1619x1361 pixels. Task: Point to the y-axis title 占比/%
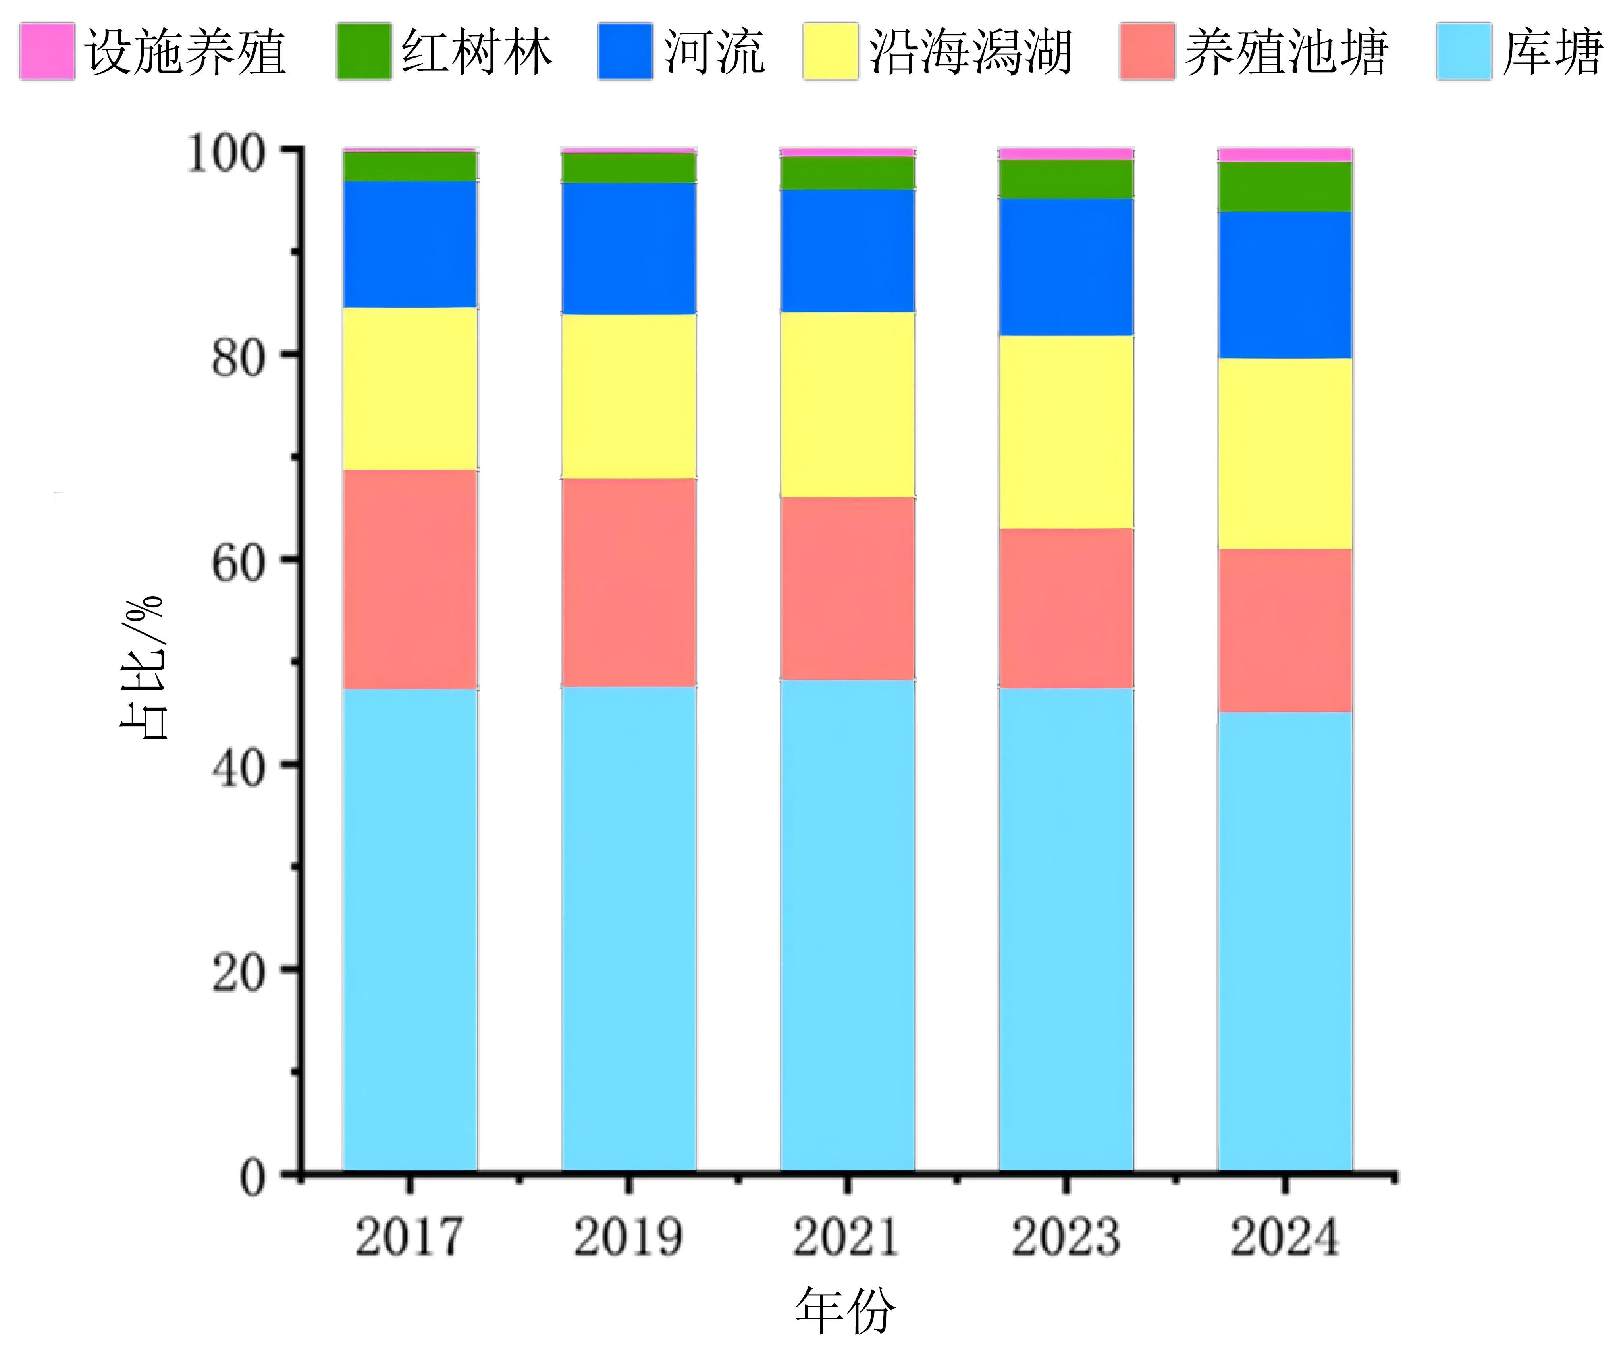143,667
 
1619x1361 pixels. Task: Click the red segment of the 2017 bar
410,578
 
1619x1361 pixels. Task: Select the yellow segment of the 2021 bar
847,404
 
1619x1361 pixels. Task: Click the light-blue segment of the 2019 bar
628,926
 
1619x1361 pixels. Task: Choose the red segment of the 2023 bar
1066,608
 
